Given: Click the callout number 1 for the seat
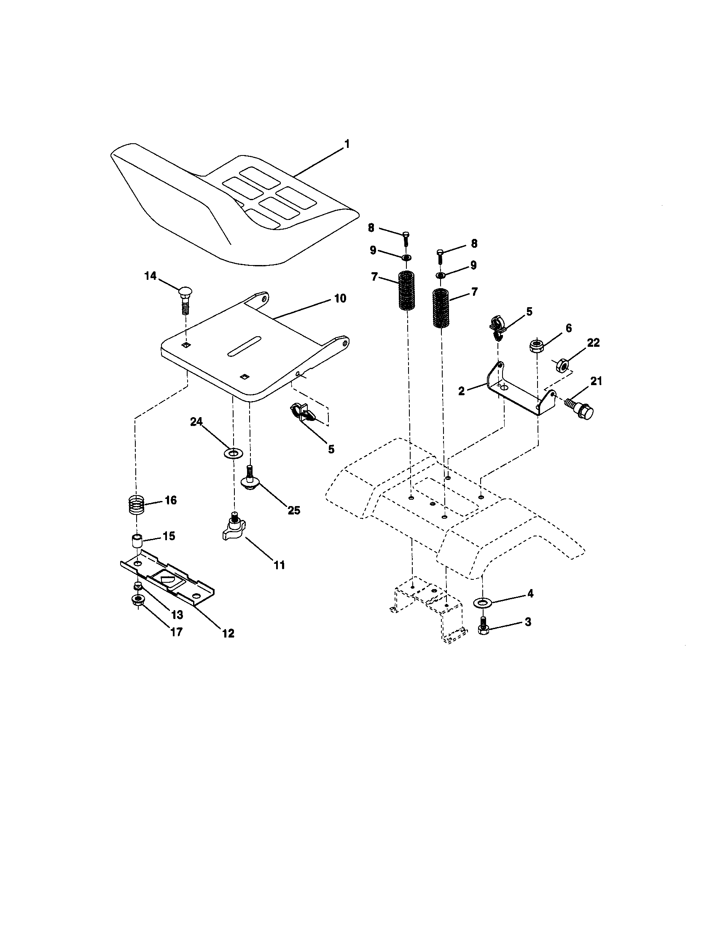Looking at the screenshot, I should tap(347, 144).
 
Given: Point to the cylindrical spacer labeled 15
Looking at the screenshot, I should tap(136, 542).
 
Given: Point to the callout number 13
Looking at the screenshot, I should tap(176, 614).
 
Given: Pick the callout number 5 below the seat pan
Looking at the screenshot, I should tap(331, 449).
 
